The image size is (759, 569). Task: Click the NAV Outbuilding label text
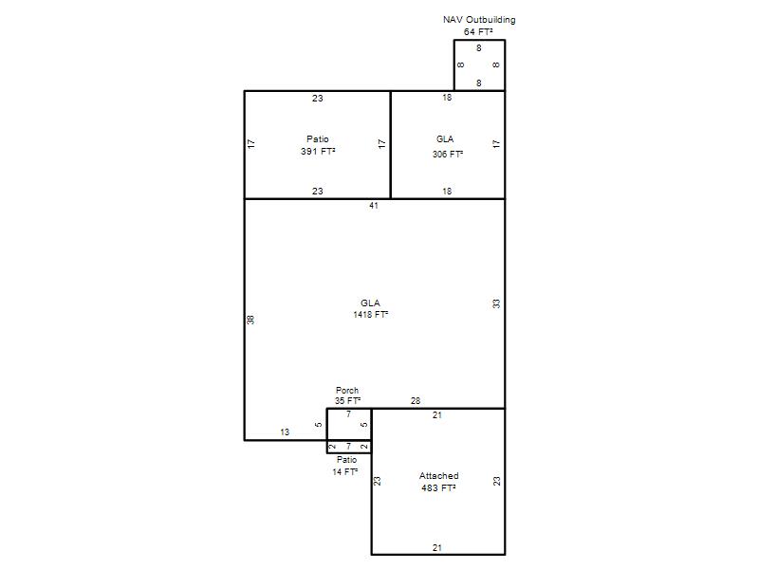tap(479, 20)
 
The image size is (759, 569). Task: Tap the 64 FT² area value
tap(478, 32)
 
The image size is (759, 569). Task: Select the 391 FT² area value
tap(318, 152)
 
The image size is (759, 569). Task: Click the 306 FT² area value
tap(448, 155)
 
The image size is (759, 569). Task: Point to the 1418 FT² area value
tap(371, 315)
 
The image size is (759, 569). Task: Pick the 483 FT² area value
tap(438, 488)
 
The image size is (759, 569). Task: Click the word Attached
tap(439, 476)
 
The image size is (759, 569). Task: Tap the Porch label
tap(347, 390)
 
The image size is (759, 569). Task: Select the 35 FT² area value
tap(347, 401)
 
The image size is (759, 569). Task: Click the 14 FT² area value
tap(345, 471)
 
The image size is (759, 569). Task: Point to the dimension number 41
tap(374, 206)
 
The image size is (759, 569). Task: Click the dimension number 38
tap(250, 320)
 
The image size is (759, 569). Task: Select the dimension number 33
tap(496, 303)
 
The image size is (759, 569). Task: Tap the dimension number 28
tap(416, 401)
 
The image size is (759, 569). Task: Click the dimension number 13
tap(285, 432)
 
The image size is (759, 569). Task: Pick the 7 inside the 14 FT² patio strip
tap(348, 447)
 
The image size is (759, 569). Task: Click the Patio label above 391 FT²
tap(318, 139)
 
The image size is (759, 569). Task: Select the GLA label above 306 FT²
tap(445, 139)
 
